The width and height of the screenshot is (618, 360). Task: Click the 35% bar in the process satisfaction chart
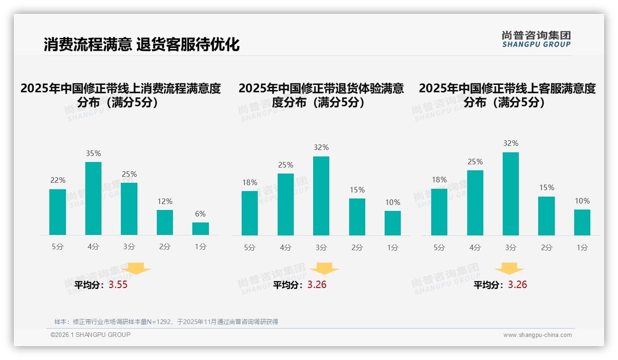pos(94,198)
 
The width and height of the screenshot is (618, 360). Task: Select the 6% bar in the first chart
pos(201,229)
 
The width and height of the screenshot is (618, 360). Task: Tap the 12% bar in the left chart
pos(165,222)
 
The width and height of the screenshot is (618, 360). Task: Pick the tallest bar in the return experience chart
pos(321,196)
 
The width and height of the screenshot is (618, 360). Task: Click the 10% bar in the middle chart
pos(392,223)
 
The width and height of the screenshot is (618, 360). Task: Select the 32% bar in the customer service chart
pos(511,194)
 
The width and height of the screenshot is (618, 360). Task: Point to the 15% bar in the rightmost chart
pos(547,216)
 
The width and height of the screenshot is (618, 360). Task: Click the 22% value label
pos(58,180)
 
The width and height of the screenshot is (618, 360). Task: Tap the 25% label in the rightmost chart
pos(475,162)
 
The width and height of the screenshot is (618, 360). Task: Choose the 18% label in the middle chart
pos(250,182)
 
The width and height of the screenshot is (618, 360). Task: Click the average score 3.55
pos(118,285)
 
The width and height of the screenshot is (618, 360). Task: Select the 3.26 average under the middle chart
pos(317,285)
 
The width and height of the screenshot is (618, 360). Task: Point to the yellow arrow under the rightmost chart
pos(509,269)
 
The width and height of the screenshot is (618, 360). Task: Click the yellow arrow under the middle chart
pos(324,269)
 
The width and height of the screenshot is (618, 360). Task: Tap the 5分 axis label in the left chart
pos(58,247)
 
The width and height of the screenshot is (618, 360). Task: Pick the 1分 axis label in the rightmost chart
pos(582,248)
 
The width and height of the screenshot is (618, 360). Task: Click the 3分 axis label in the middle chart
pos(321,248)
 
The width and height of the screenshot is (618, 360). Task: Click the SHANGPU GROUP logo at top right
pos(536,39)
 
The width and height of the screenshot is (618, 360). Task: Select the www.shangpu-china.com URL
pos(537,335)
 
